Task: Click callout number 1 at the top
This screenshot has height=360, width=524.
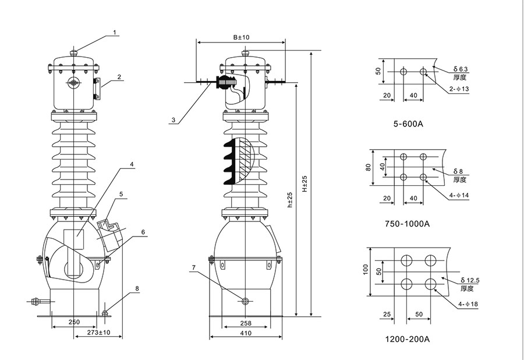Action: pos(115,33)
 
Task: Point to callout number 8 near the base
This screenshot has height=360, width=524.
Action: pos(137,288)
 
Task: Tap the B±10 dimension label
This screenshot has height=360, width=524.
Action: pos(240,37)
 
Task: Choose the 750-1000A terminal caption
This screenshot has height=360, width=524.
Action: pos(407,224)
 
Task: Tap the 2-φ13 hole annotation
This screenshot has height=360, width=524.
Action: pos(459,89)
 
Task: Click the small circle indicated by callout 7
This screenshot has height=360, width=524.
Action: pos(245,301)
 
